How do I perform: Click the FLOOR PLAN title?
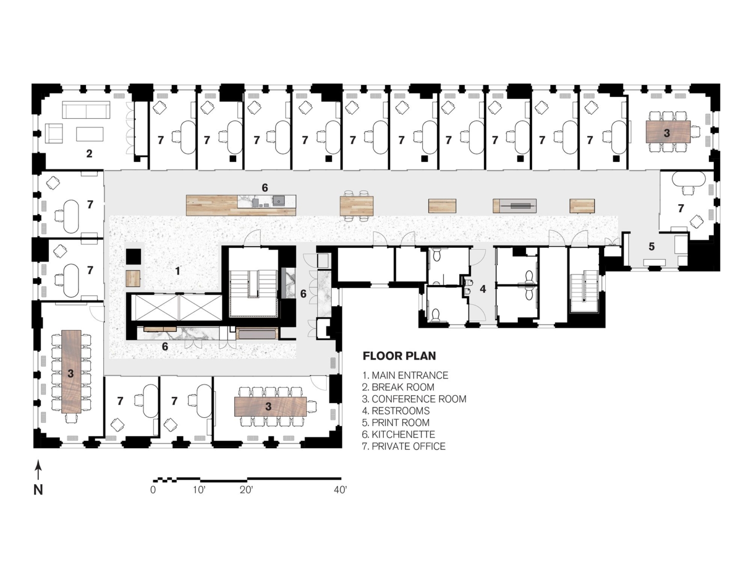point(399,356)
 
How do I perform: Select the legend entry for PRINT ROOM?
point(396,423)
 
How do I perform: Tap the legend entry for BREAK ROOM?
point(398,387)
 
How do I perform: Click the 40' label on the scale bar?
point(340,490)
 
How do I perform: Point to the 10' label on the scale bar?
point(199,490)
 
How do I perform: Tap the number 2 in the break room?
point(89,153)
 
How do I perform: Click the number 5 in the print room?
point(651,246)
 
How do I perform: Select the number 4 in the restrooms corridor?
point(483,289)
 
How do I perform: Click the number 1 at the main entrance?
point(177,271)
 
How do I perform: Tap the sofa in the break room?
point(86,110)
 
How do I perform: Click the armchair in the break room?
point(54,133)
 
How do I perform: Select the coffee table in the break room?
point(90,134)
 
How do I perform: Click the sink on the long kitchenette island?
point(278,200)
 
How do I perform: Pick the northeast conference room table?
point(668,132)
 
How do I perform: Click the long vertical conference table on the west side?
point(71,371)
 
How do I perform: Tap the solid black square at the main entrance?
point(133,257)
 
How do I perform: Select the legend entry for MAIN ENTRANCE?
point(405,375)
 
